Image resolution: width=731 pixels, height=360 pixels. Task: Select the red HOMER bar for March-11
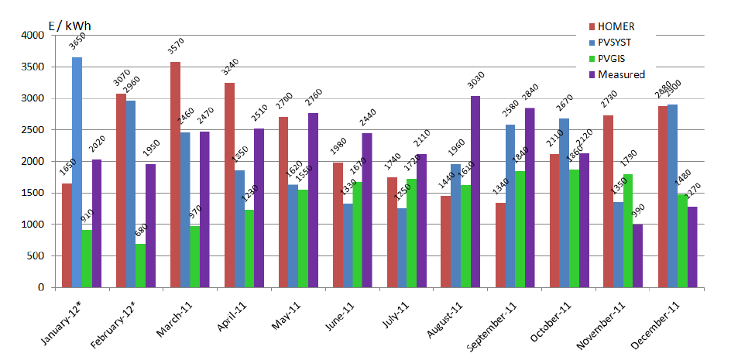(175, 174)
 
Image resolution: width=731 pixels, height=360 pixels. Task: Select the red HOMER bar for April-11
(229, 185)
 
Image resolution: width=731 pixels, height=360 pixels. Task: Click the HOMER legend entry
(616, 27)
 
